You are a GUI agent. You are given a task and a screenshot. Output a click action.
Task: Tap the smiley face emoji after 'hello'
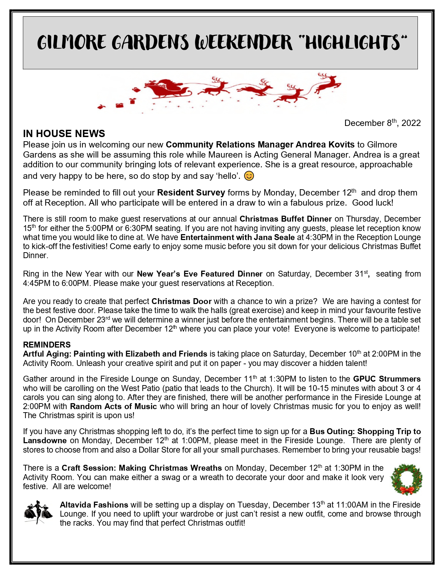249,176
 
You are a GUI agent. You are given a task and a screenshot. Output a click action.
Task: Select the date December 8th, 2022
382,123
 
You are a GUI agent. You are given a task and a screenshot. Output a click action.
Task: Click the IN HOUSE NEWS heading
64,134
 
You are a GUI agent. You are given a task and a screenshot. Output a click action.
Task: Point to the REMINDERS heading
47,345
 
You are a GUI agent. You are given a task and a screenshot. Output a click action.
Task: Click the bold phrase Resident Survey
191,193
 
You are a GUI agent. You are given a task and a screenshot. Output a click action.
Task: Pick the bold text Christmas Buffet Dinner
286,219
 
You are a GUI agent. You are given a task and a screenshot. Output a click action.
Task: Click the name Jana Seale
278,237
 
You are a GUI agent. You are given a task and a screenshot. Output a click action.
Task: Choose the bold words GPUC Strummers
387,379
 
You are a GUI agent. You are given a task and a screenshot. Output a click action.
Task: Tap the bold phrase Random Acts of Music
113,406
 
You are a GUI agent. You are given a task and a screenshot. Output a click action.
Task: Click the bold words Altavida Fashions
94,505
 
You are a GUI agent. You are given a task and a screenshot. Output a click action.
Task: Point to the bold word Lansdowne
45,440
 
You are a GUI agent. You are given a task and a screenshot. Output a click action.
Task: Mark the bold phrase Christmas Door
181,301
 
